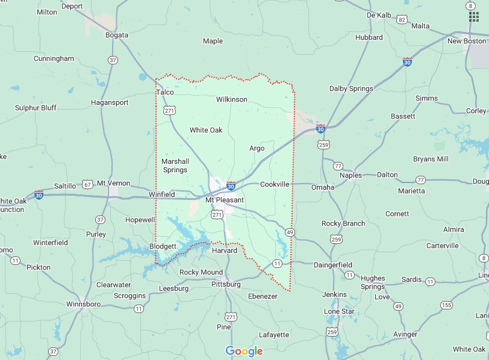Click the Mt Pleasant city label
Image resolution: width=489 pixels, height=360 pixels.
[x=224, y=200]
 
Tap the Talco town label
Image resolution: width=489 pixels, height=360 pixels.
[x=164, y=92]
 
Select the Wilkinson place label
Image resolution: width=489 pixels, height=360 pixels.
[x=231, y=99]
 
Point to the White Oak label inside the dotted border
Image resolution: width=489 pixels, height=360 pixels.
[x=206, y=130]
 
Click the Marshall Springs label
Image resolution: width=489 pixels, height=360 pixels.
[x=175, y=166]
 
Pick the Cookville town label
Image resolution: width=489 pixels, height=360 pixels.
[x=275, y=184]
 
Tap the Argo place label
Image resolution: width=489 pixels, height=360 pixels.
[x=257, y=148]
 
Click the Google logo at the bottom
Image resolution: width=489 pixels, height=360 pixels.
[x=244, y=351]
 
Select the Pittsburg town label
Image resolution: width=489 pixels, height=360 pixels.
[x=226, y=284]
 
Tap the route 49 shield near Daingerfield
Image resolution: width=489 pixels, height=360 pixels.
[x=290, y=232]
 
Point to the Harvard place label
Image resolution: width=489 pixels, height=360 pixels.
[x=223, y=250]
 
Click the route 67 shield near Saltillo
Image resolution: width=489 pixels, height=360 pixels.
[x=88, y=184]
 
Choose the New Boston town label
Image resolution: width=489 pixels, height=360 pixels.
[x=466, y=41]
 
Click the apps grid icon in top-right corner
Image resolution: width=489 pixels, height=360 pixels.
[x=473, y=16]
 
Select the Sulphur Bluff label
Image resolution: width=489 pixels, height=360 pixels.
[x=36, y=108]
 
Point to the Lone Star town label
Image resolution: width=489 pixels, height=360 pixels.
[x=339, y=311]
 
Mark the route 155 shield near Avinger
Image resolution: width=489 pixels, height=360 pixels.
[x=446, y=306]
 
